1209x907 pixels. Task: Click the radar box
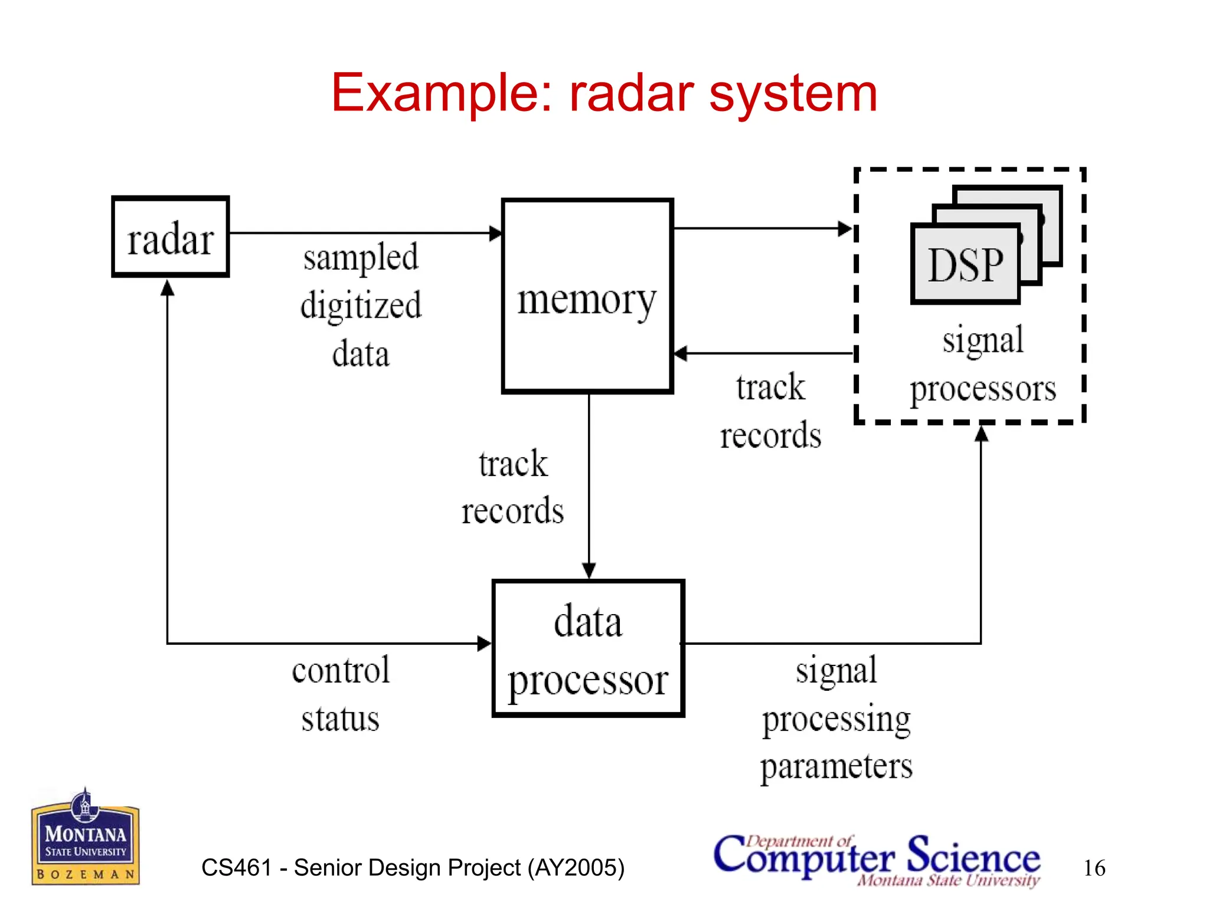[170, 237]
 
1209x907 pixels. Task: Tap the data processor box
[588, 648]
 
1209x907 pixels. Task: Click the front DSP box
[965, 264]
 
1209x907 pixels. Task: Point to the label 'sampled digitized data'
[361, 305]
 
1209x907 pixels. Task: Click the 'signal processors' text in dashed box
[982, 364]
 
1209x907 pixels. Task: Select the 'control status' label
[341, 694]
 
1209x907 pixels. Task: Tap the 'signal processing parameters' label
[836, 718]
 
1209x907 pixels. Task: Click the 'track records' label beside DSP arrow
[770, 411]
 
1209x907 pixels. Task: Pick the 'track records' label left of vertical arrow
[512, 487]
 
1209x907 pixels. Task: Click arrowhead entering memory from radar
[496, 233]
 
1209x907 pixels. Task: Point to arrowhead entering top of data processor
[589, 570]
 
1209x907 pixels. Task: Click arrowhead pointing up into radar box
[168, 288]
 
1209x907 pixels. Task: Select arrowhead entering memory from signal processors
[681, 354]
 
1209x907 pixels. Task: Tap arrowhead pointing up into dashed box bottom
[981, 434]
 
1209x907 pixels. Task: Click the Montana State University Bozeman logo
[86, 837]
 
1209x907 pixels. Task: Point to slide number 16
[1094, 868]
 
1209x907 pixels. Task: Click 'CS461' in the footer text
[236, 867]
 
